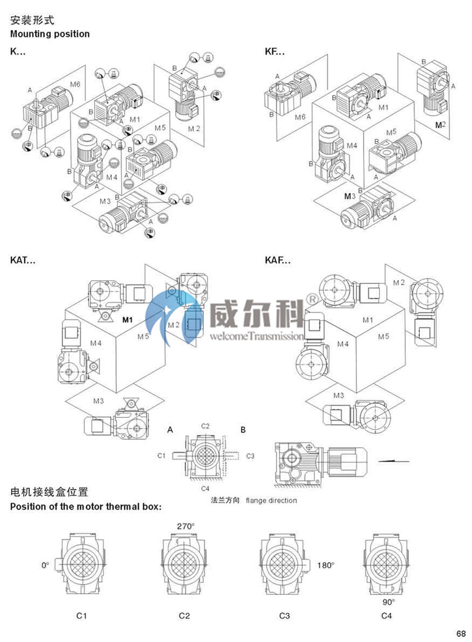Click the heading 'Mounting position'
tap(50, 34)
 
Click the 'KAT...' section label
tap(23, 260)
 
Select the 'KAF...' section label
tap(278, 260)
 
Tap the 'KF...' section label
tap(275, 52)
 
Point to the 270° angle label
tap(185, 526)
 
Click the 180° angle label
tap(325, 565)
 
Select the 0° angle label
tap(46, 565)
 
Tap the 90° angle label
tap(387, 602)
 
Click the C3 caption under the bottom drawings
tap(284, 616)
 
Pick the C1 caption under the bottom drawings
tap(81, 616)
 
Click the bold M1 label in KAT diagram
tap(128, 320)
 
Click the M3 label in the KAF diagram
tap(338, 395)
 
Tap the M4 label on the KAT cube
tap(96, 343)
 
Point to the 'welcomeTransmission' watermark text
tap(256, 336)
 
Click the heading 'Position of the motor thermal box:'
tap(86, 507)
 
